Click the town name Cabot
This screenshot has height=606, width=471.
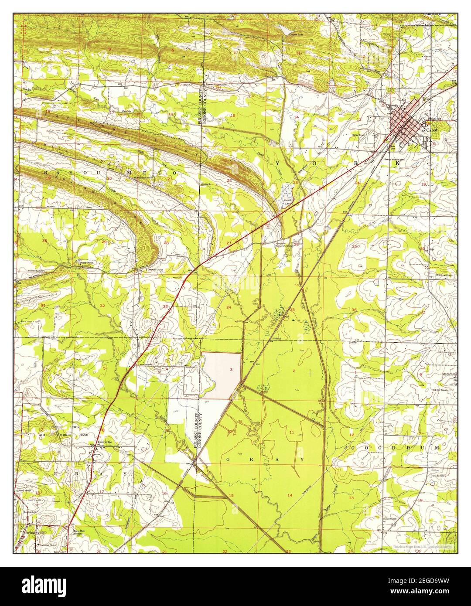tap(431, 130)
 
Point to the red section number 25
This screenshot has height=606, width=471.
tap(355, 246)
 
